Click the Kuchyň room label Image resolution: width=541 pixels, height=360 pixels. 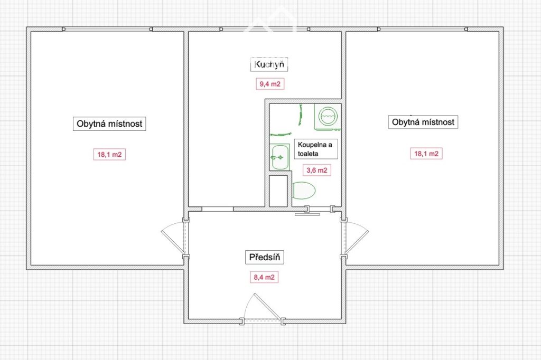pyautogui.click(x=269, y=64)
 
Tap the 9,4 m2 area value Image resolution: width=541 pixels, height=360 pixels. pyautogui.click(x=270, y=84)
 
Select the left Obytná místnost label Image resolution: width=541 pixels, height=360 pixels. pyautogui.click(x=109, y=124)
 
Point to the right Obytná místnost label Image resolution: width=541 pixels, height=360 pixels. pyautogui.click(x=423, y=122)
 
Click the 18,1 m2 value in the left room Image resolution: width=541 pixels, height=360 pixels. pyautogui.click(x=109, y=155)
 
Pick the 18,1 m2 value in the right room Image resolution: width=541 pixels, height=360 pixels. pyautogui.click(x=426, y=154)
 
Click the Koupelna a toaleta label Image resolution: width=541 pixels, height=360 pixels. pyautogui.click(x=316, y=149)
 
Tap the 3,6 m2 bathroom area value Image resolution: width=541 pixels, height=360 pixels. pyautogui.click(x=317, y=170)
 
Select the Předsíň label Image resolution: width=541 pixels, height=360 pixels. pyautogui.click(x=265, y=257)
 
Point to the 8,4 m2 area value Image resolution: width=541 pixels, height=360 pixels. pyautogui.click(x=264, y=277)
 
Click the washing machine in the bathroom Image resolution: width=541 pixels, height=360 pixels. pyautogui.click(x=327, y=117)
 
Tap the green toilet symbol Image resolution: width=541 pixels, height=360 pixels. pyautogui.click(x=303, y=191)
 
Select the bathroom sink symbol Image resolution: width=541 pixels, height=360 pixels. pyautogui.click(x=279, y=157)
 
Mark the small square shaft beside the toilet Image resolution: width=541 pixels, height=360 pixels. pyautogui.click(x=278, y=191)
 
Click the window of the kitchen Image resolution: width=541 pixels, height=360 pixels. pyautogui.click(x=265, y=30)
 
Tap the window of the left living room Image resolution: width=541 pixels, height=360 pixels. pyautogui.click(x=107, y=30)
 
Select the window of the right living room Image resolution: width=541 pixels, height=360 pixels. pyautogui.click(x=422, y=30)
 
